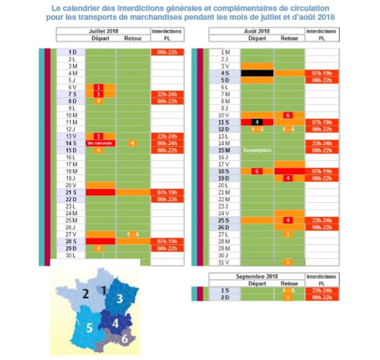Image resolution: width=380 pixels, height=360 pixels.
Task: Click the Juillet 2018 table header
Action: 103,31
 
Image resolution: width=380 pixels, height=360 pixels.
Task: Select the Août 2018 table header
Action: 257,31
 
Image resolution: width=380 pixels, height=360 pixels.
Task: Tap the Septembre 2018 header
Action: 257,276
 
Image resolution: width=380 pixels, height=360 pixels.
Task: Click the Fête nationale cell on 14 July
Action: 101,143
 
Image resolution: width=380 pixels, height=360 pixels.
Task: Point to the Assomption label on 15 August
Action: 257,150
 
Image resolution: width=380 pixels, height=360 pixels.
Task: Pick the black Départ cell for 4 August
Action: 257,73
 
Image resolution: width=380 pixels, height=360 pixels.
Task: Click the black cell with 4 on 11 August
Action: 257,122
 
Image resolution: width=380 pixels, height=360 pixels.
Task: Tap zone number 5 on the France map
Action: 89,328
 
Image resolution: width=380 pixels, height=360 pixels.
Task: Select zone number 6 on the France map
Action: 124,339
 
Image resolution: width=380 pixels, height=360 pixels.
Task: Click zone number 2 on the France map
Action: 85,294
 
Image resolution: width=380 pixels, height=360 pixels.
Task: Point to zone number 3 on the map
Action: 119,299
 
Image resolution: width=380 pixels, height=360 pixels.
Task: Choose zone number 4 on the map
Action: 115,324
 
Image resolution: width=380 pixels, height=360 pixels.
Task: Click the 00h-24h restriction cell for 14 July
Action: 167,143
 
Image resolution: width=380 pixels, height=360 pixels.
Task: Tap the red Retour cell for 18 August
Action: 289,171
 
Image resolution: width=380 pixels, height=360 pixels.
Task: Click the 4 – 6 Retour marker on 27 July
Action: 133,234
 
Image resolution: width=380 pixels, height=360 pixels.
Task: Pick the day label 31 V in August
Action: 225,262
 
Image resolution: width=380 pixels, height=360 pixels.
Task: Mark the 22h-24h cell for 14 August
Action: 322,143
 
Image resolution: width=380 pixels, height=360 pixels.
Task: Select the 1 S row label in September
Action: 225,291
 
